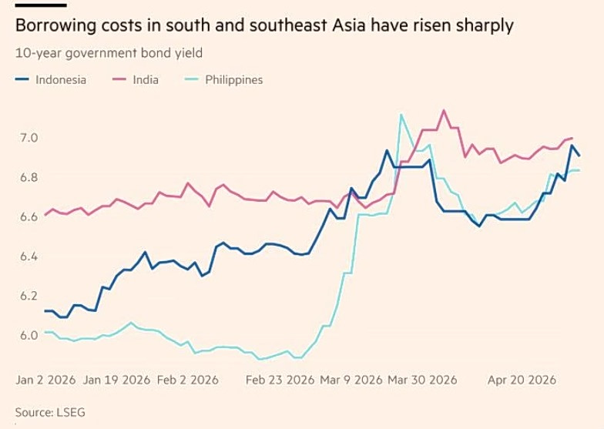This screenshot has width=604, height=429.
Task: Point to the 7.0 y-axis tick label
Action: (29, 138)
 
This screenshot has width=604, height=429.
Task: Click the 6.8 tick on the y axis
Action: (29, 177)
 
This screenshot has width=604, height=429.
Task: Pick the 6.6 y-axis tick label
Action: (29, 216)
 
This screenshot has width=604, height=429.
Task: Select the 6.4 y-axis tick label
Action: (29, 256)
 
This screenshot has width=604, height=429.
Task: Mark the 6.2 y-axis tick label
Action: (29, 295)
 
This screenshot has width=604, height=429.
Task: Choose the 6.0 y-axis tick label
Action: (29, 334)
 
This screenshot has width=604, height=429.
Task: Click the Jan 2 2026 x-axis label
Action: (45, 380)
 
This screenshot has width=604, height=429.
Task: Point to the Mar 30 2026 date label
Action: (422, 380)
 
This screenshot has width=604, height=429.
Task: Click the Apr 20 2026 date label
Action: (522, 380)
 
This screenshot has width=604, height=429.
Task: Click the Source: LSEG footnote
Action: (50, 413)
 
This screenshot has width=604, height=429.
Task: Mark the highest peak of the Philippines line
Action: (401, 115)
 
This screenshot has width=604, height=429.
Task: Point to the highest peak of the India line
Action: (444, 110)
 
